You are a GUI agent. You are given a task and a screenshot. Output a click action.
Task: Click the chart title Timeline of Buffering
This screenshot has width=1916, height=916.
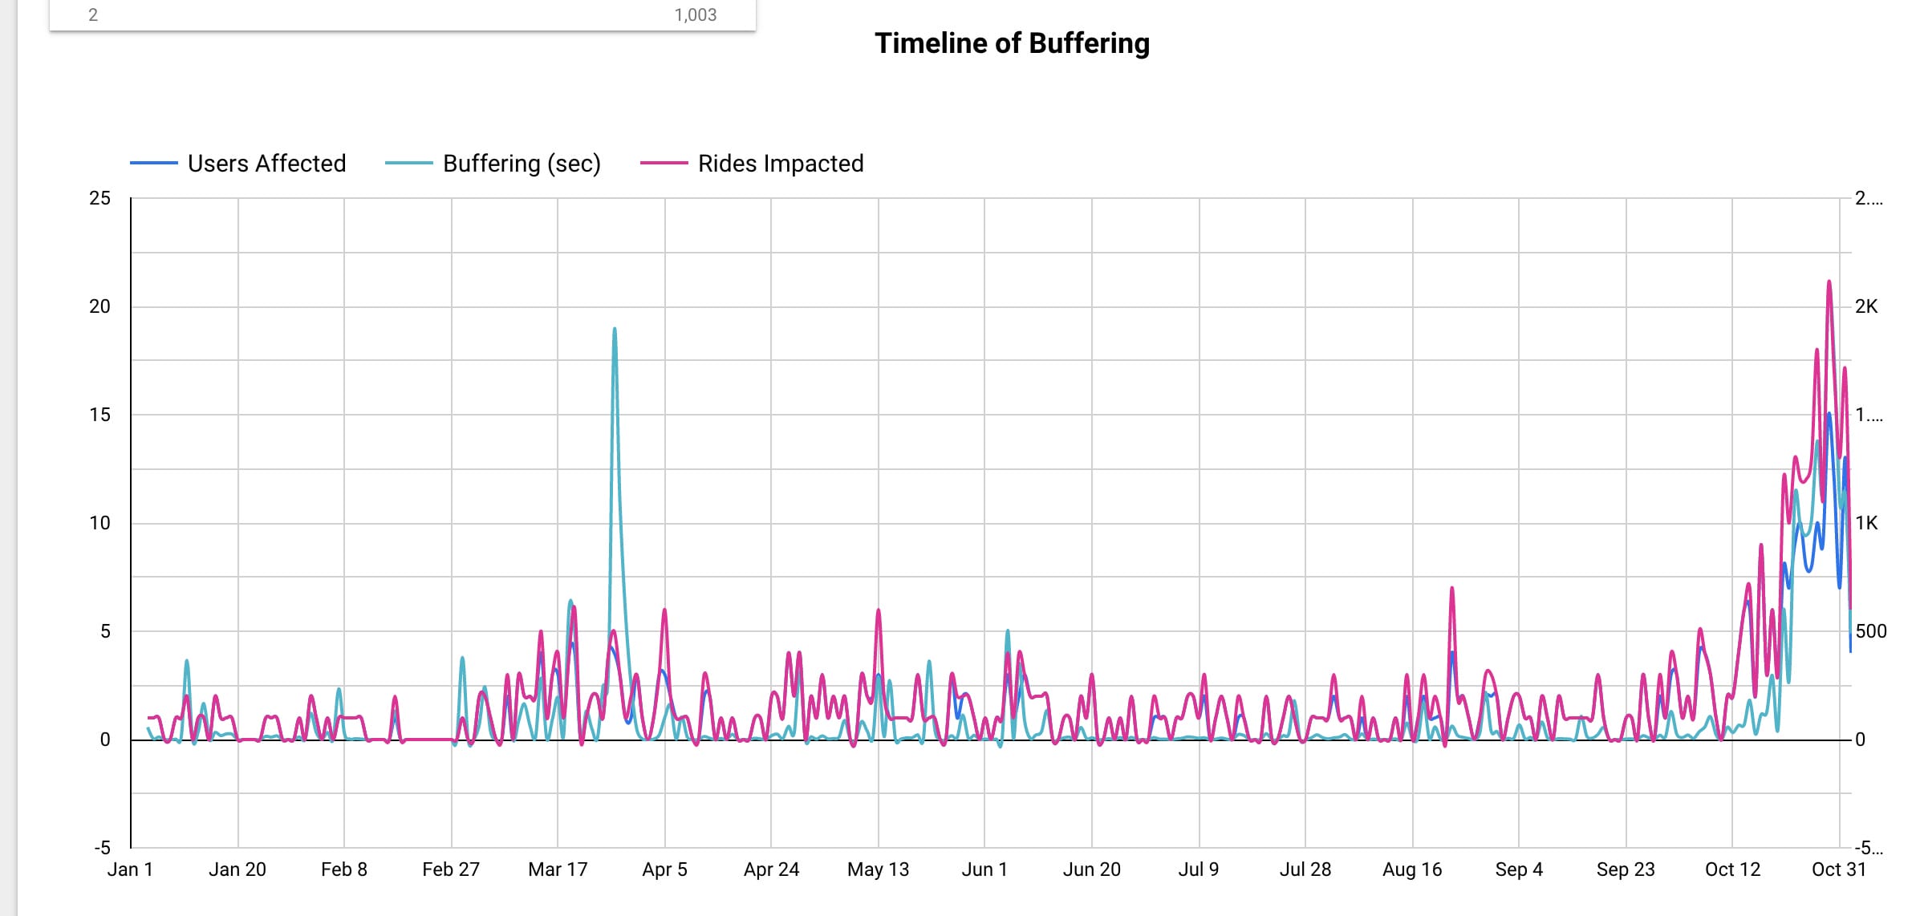tap(1012, 43)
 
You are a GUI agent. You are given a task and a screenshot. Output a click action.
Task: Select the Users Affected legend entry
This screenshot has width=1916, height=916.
tap(266, 164)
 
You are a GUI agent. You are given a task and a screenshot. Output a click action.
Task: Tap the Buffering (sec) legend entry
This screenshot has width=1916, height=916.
tap(522, 164)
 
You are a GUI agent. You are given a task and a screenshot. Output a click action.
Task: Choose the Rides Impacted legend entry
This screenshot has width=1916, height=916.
tap(780, 164)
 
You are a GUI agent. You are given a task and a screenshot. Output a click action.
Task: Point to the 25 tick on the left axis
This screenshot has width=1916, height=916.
tap(99, 198)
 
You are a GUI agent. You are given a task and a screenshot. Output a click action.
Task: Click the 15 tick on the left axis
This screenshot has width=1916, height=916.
tap(99, 415)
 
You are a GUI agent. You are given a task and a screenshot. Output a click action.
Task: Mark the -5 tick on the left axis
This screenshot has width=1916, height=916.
tap(102, 848)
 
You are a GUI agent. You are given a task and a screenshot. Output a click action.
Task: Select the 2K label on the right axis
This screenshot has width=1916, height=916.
tap(1866, 306)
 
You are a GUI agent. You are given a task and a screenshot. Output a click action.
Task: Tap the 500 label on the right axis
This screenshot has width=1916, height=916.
tap(1870, 631)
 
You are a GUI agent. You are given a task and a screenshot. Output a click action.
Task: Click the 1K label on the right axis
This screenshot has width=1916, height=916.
tap(1866, 523)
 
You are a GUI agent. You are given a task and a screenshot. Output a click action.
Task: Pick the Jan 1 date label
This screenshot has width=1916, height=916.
tap(130, 869)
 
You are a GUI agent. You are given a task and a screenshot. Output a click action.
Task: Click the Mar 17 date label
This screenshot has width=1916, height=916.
tap(558, 869)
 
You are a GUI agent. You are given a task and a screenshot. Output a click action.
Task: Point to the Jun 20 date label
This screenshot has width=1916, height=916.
tap(1091, 869)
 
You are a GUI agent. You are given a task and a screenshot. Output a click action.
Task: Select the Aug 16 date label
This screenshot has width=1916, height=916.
tap(1412, 869)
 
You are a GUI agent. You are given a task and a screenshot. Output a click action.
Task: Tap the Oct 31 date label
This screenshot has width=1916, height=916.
tap(1838, 869)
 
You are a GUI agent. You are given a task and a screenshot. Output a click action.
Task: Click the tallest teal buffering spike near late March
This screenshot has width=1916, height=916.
tap(615, 329)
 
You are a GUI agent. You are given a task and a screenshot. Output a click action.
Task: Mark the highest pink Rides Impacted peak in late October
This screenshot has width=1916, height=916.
tap(1829, 282)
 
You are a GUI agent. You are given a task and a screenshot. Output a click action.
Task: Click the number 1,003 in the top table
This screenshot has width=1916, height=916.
tap(695, 14)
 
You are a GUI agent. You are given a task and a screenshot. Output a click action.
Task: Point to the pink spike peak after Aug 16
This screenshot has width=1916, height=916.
tap(1452, 589)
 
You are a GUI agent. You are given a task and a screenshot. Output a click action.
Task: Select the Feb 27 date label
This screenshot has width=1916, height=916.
tap(451, 869)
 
